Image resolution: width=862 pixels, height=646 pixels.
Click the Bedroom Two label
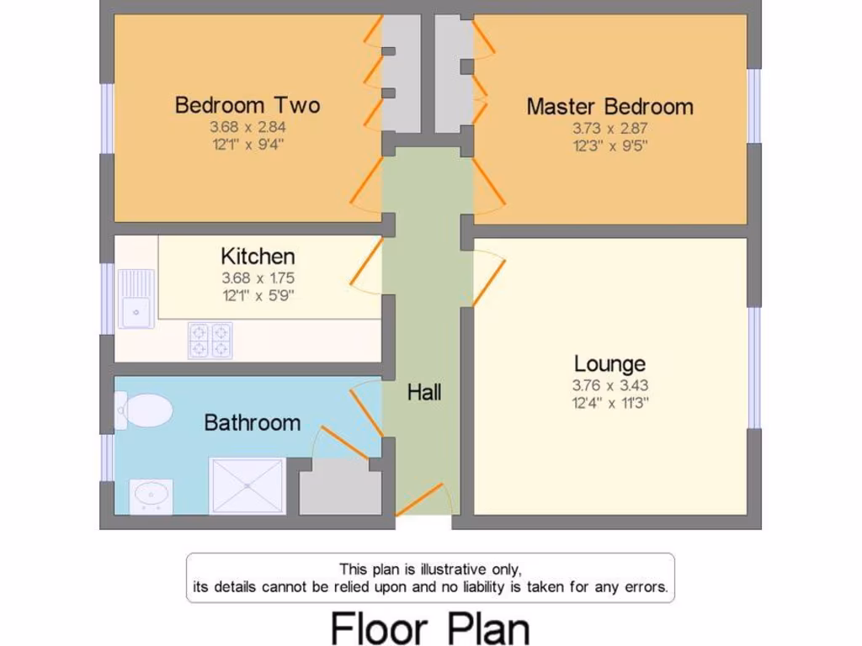point(247,105)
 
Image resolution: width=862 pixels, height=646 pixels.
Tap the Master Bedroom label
point(609,107)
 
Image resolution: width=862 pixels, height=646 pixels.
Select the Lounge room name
point(609,363)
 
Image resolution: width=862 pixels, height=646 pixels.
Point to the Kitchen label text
point(258,256)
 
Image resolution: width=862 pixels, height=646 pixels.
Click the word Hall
point(424,392)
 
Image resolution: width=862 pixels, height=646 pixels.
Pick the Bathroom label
point(252,422)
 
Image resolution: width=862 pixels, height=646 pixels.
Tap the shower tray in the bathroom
point(247,485)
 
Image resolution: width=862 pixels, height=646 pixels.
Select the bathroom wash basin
point(152,495)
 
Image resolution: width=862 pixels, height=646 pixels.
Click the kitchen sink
point(136,299)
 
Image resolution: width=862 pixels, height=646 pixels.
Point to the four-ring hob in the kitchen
point(210,340)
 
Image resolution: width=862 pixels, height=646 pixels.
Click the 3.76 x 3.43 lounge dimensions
point(609,386)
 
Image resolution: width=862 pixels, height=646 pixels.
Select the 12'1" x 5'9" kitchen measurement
point(258,295)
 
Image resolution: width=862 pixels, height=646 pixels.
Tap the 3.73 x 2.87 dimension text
point(609,129)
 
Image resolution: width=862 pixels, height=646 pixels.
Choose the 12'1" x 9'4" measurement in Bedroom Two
point(247,144)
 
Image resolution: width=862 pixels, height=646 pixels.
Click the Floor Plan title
point(429,627)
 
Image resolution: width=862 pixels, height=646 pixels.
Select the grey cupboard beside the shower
point(340,487)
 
